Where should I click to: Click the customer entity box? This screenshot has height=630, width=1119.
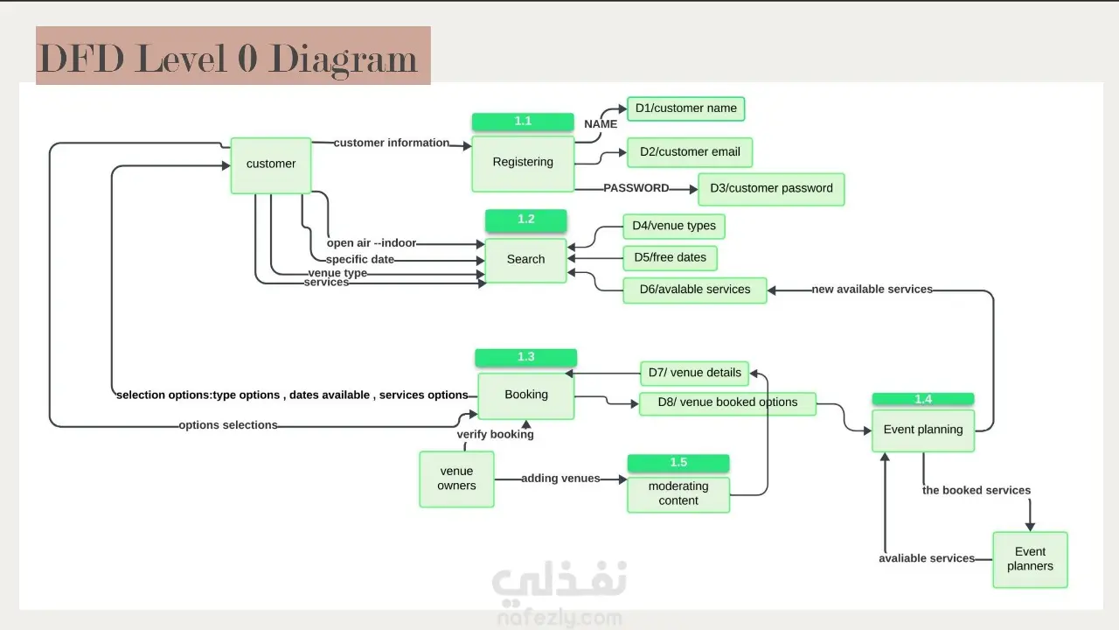(x=271, y=164)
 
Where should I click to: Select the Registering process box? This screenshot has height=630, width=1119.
(x=523, y=163)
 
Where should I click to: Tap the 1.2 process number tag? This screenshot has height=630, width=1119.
(x=525, y=220)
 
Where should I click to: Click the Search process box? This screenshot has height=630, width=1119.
(x=525, y=260)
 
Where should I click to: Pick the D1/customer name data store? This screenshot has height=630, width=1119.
(x=685, y=108)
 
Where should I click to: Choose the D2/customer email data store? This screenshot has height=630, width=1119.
(x=689, y=152)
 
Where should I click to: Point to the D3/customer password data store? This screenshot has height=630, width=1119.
(x=771, y=189)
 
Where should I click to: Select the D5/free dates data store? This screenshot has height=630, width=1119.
(x=670, y=258)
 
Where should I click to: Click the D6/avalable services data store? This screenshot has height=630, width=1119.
(x=694, y=290)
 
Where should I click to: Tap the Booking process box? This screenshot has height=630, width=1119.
(x=525, y=395)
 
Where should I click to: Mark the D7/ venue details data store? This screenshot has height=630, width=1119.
(x=694, y=373)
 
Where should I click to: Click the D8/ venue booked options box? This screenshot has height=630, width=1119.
(x=726, y=403)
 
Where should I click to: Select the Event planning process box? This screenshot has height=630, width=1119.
(x=922, y=430)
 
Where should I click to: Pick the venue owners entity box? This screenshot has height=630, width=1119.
(x=456, y=479)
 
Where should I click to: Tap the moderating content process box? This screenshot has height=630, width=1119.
(x=678, y=494)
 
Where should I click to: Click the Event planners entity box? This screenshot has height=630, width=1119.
(x=1030, y=559)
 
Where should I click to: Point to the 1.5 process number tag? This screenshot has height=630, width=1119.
(x=678, y=463)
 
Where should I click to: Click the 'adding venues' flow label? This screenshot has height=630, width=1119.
(x=560, y=479)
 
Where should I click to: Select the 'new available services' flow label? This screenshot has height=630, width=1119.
(x=872, y=290)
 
